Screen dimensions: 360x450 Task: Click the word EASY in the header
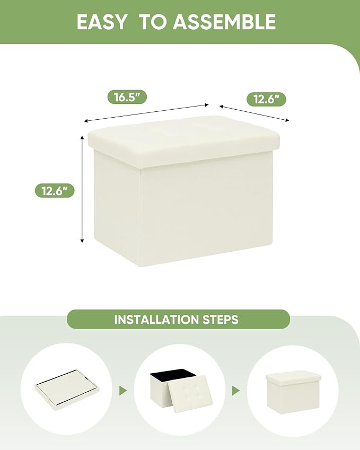coord(101,22)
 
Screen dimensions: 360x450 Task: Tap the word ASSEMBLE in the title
coord(224,22)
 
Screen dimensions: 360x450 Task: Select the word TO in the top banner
coord(153,22)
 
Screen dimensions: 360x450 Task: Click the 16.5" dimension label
coord(127,97)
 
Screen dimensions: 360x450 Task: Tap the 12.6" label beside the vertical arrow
coord(55,191)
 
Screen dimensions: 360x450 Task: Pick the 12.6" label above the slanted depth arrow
coord(266,99)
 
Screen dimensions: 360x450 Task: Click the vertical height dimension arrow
coord(82,189)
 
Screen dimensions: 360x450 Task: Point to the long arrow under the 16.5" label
coord(146,113)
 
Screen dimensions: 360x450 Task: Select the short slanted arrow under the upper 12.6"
coord(254,113)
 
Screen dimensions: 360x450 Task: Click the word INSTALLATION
coord(156,320)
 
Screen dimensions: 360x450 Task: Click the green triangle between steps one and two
coord(123,390)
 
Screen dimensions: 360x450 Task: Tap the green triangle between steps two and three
coord(236,390)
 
